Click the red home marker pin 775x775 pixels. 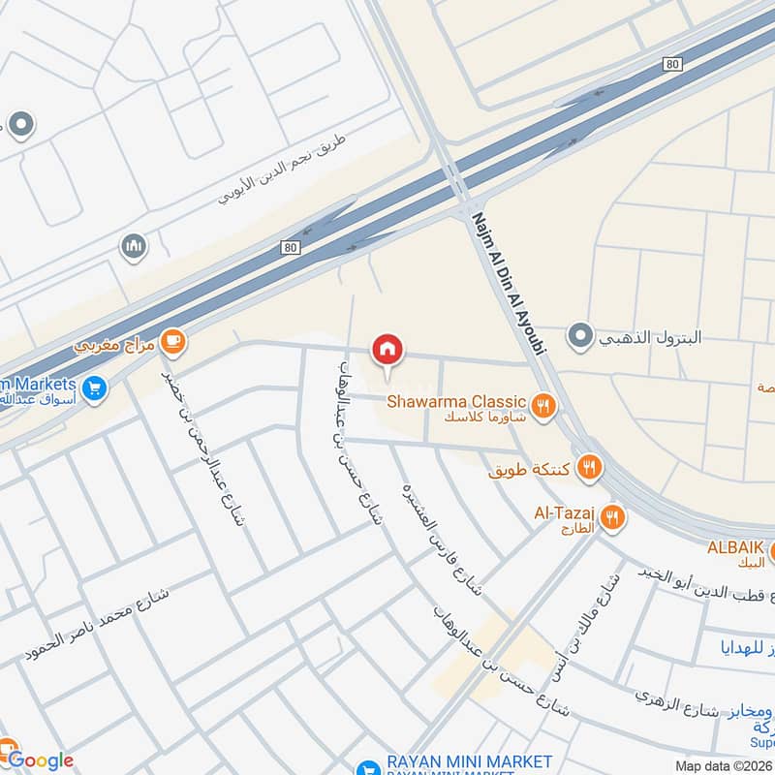point(387,350)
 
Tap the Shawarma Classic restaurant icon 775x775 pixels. point(543,406)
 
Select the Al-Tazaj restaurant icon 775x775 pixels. point(610,516)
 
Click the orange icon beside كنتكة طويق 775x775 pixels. point(589,470)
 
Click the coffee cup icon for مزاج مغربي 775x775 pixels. point(174,341)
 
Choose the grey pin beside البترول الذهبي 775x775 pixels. point(580,337)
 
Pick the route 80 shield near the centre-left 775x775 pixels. point(292,248)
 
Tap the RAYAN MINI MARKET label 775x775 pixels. point(468,761)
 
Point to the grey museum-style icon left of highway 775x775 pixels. point(135,247)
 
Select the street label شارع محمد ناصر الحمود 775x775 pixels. point(97,630)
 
